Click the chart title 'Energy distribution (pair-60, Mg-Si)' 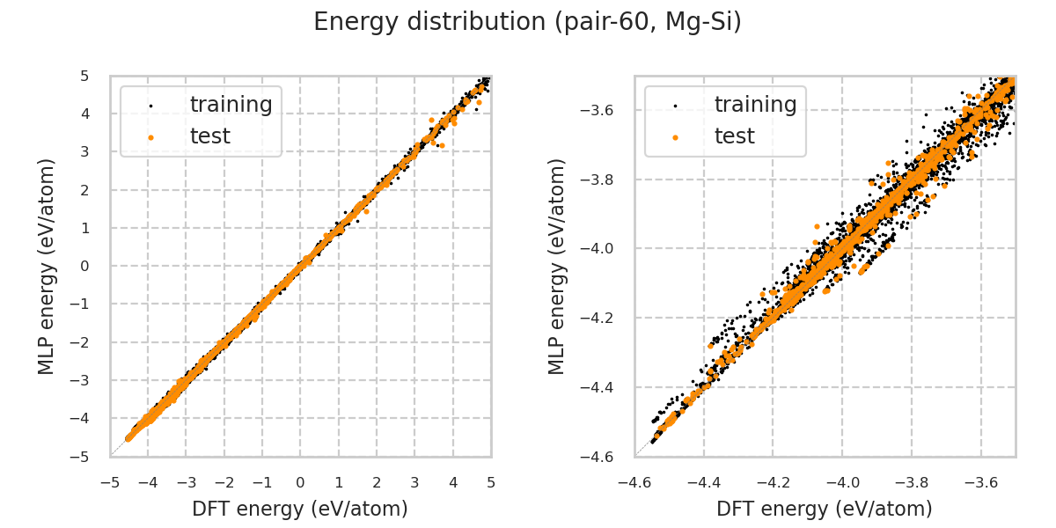pyautogui.click(x=527, y=22)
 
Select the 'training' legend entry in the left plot pyautogui.click(x=231, y=105)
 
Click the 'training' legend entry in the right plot pyautogui.click(x=755, y=105)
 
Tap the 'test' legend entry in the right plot pyautogui.click(x=734, y=136)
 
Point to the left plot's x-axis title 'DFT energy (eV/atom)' pyautogui.click(x=300, y=509)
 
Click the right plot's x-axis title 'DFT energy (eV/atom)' pyautogui.click(x=825, y=509)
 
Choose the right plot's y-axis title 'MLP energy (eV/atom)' pyautogui.click(x=557, y=266)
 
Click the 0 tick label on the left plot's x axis pyautogui.click(x=300, y=482)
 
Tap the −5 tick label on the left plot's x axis pyautogui.click(x=110, y=482)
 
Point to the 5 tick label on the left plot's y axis pyautogui.click(x=84, y=76)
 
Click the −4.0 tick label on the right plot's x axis pyautogui.click(x=842, y=482)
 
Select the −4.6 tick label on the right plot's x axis pyautogui.click(x=635, y=482)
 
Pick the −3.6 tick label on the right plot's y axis pyautogui.click(x=598, y=110)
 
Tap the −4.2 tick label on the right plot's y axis pyautogui.click(x=598, y=318)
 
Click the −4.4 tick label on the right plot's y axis pyautogui.click(x=598, y=387)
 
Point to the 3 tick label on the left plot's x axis pyautogui.click(x=414, y=482)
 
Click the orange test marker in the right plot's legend pyautogui.click(x=675, y=137)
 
